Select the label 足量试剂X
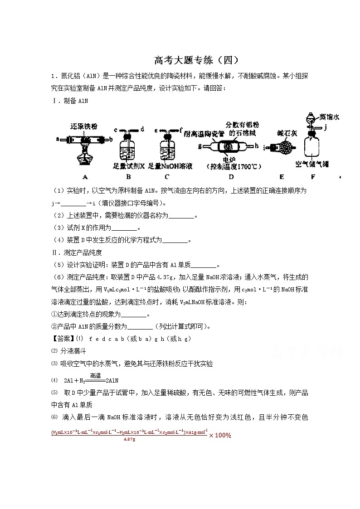click(129, 166)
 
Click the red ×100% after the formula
click(220, 436)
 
